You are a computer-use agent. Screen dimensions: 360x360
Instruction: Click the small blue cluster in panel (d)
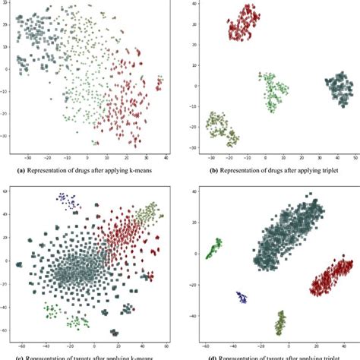coord(243,297)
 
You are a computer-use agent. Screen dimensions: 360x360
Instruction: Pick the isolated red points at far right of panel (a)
coord(159,83)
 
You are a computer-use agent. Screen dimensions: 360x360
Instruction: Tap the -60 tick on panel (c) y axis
coord(5,331)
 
